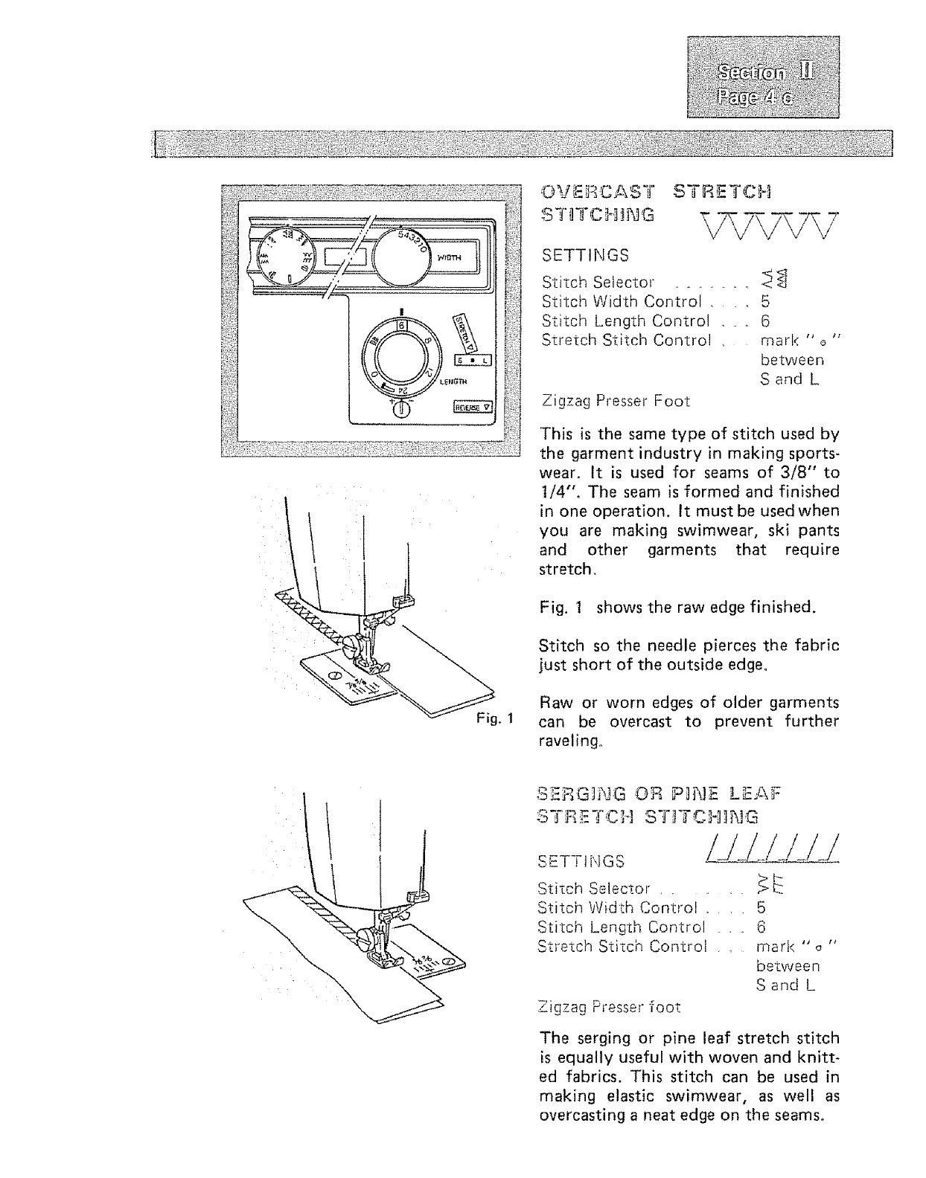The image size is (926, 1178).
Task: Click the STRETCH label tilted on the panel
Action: [464, 332]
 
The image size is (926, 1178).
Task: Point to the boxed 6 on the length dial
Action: [401, 326]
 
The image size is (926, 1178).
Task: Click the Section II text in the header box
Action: [763, 72]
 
